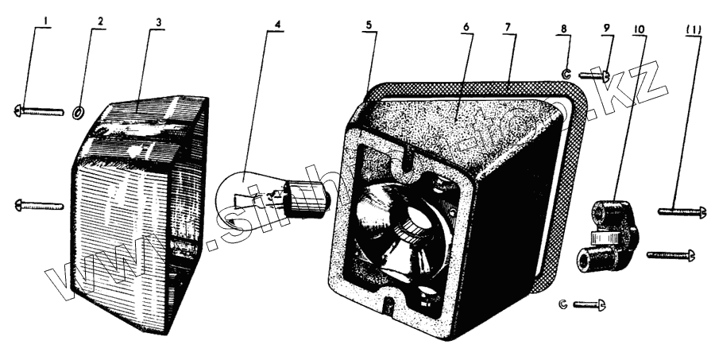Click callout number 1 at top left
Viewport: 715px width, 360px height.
click(x=46, y=22)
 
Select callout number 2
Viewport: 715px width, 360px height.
click(x=102, y=22)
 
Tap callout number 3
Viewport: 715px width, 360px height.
click(x=159, y=22)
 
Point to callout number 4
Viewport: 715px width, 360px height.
click(x=277, y=22)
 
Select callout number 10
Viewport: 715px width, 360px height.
click(x=640, y=28)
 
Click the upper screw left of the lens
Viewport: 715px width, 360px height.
click(x=39, y=111)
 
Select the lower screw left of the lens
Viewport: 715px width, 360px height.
click(x=39, y=206)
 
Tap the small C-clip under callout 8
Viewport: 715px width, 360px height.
click(x=566, y=75)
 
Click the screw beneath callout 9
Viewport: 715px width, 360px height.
click(x=593, y=76)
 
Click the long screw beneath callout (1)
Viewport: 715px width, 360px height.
click(x=682, y=211)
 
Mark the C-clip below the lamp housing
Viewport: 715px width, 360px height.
click(x=563, y=304)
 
